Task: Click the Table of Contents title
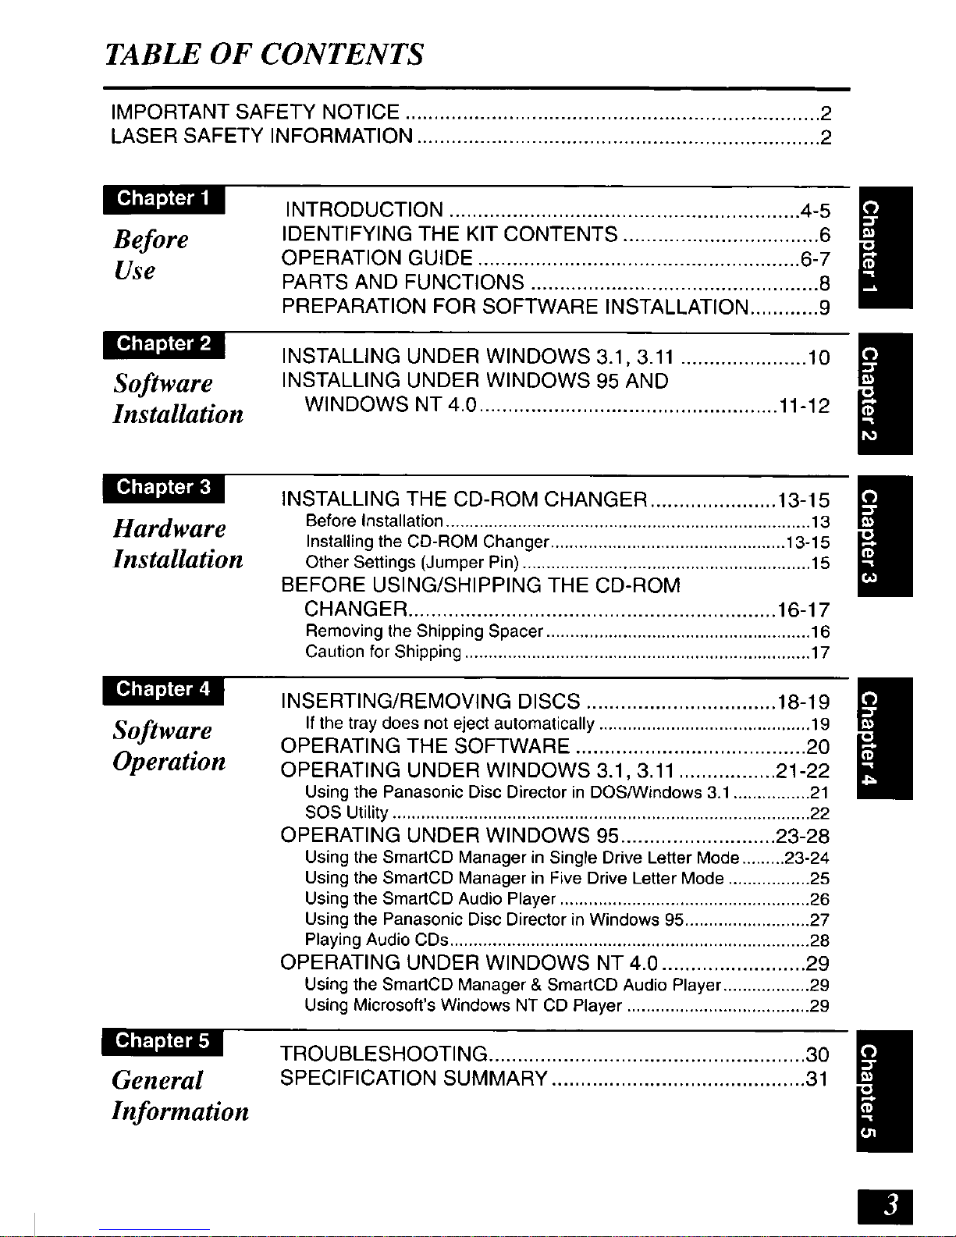[265, 55]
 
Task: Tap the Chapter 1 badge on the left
[164, 198]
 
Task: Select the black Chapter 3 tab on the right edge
[884, 535]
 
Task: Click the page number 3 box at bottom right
[883, 1207]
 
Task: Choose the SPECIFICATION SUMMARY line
[414, 1079]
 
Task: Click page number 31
[817, 1079]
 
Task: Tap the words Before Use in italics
[151, 254]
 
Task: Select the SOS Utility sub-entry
[347, 812]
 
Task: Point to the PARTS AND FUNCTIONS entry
[403, 282]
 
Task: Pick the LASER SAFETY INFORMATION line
[262, 137]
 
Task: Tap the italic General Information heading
[180, 1095]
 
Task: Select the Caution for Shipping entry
[383, 652]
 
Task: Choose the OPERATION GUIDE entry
[377, 258]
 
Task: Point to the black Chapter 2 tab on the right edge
[884, 393]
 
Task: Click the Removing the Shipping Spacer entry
[424, 631]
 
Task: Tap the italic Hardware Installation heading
[178, 543]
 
